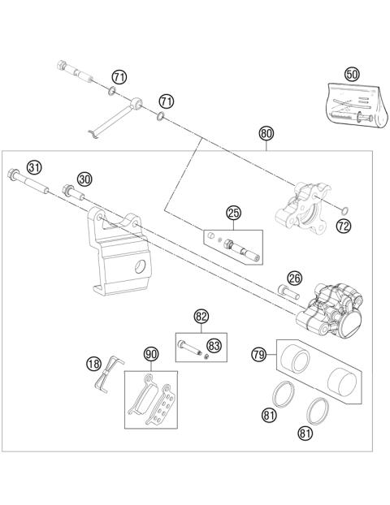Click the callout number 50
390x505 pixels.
click(352, 74)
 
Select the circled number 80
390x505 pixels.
click(266, 134)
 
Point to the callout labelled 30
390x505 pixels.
click(84, 179)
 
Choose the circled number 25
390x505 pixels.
click(233, 214)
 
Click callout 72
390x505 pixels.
click(343, 226)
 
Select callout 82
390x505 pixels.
click(201, 315)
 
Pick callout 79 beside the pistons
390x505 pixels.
click(259, 354)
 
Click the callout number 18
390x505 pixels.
click(94, 365)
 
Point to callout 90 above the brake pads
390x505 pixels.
click(149, 354)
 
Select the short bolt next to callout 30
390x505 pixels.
click(71, 192)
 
